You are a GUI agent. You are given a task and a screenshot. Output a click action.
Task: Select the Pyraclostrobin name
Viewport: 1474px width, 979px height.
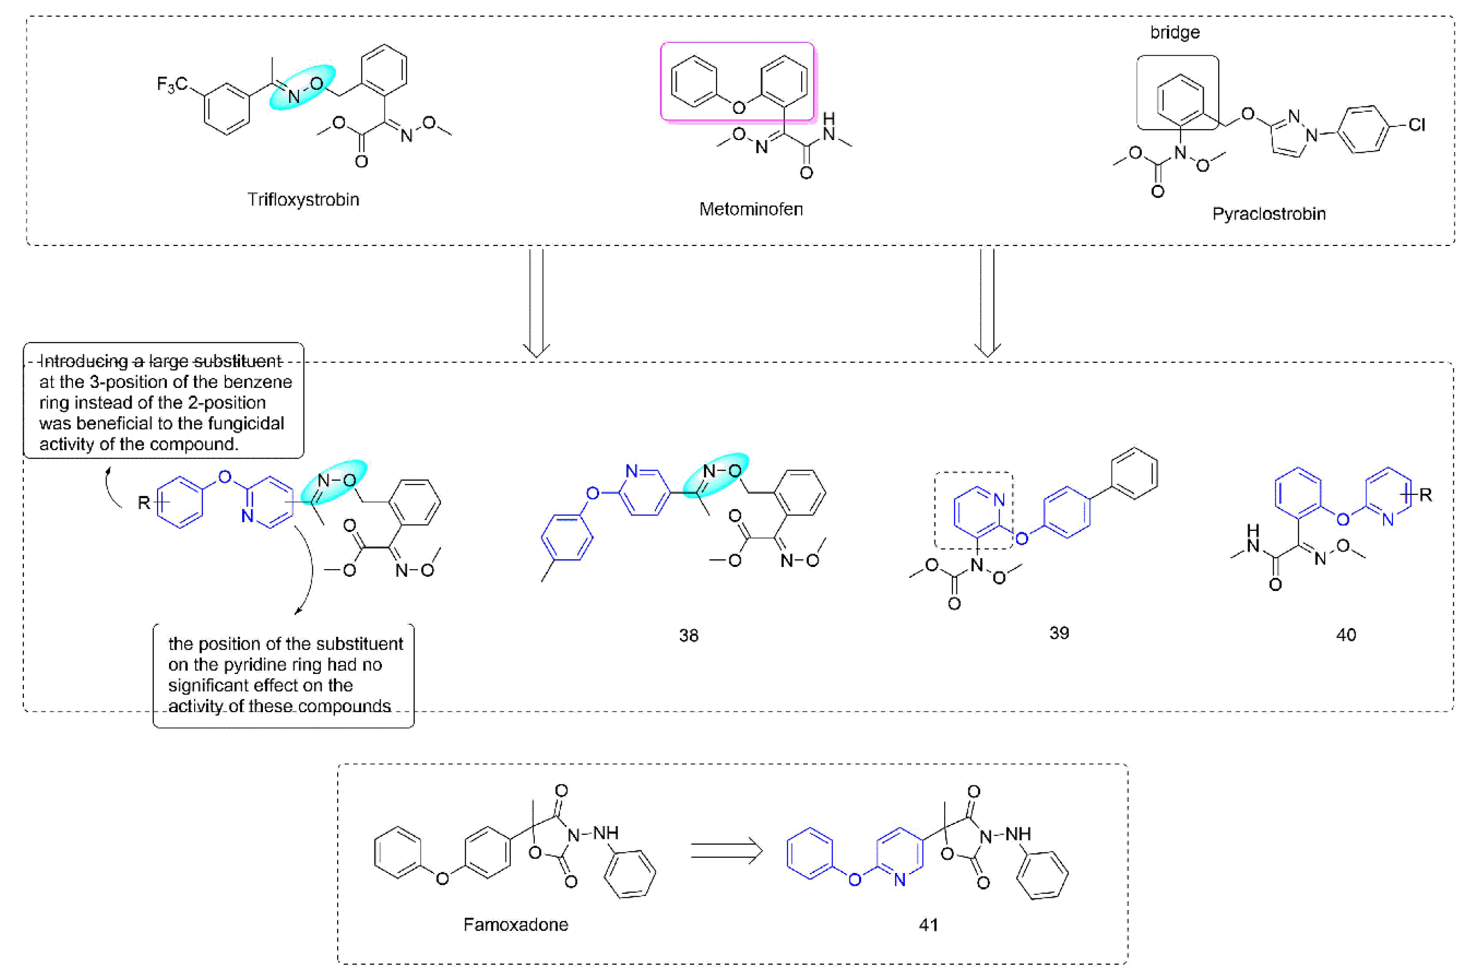pyautogui.click(x=1268, y=214)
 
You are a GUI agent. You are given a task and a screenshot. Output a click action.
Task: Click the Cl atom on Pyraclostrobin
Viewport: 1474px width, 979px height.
pyautogui.click(x=1416, y=125)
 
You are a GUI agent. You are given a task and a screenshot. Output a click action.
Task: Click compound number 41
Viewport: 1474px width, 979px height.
pyautogui.click(x=928, y=925)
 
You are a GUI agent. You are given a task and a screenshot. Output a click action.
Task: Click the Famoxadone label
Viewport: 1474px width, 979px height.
pyautogui.click(x=516, y=925)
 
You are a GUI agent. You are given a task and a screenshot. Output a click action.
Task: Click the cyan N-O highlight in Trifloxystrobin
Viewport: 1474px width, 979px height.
pyautogui.click(x=302, y=88)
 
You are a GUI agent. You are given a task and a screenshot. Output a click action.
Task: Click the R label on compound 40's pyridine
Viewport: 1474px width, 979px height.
pyautogui.click(x=1425, y=495)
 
